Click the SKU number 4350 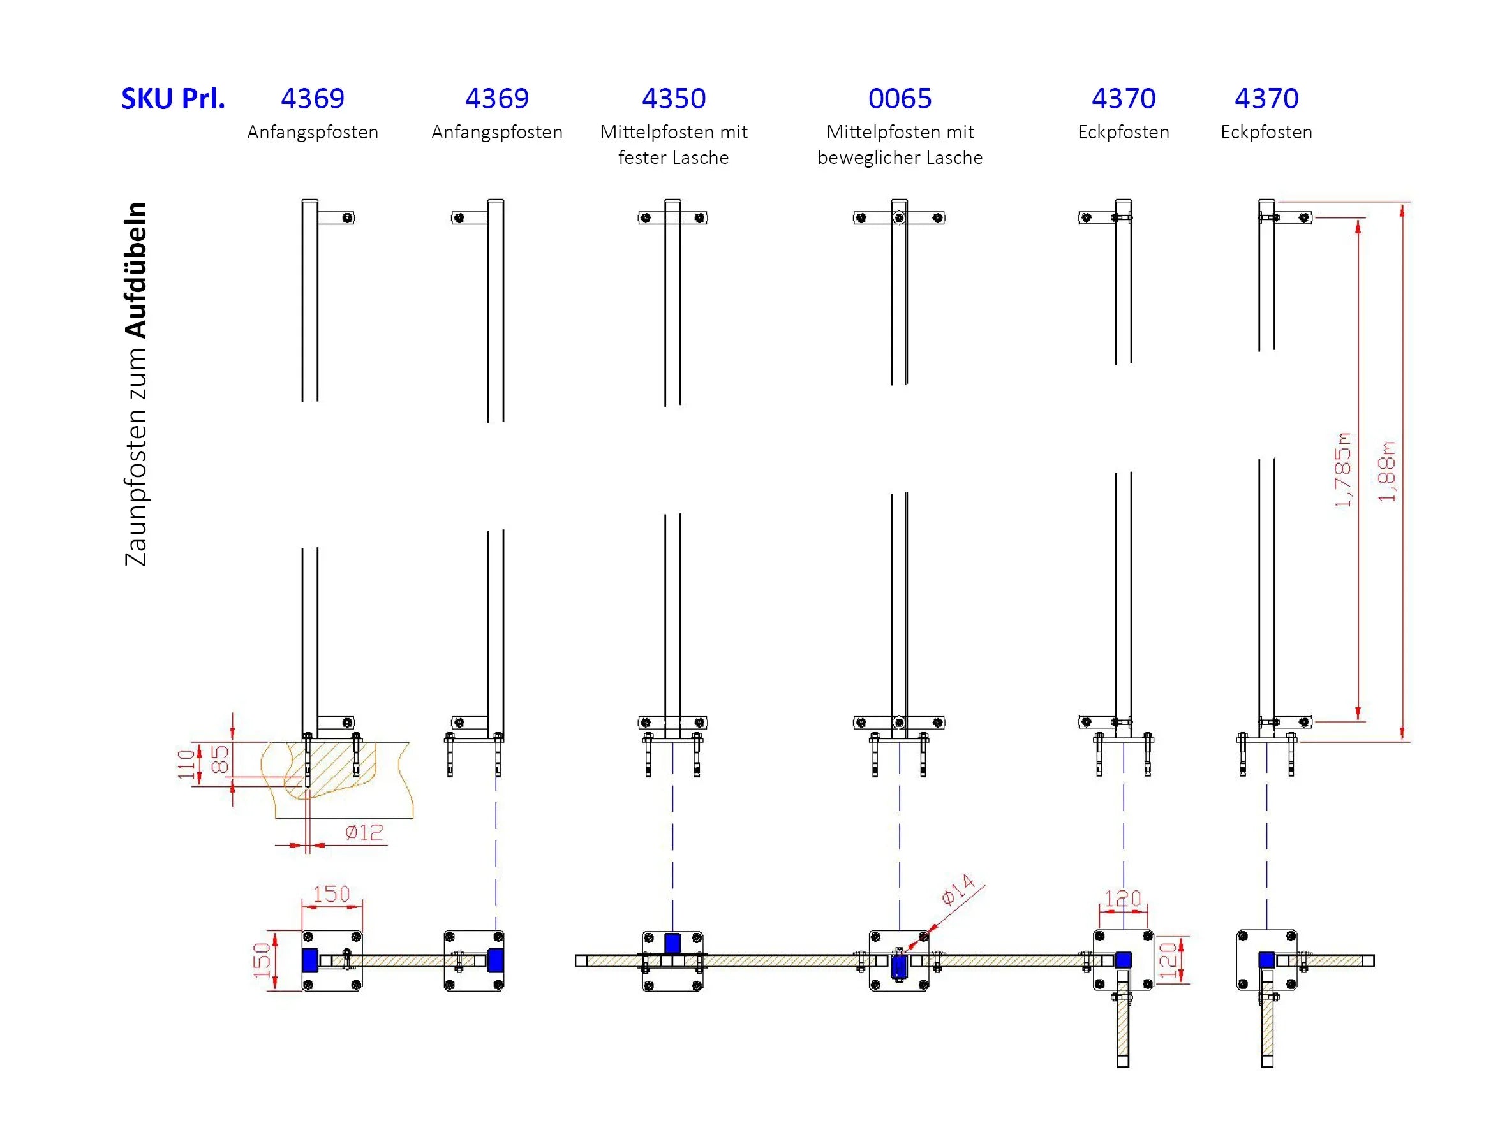[673, 99]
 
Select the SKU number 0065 [900, 99]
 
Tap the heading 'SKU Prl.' [173, 99]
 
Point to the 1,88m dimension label [1386, 471]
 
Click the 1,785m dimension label [1342, 469]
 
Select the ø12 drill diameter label [364, 832]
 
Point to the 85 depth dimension [219, 759]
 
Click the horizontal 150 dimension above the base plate [331, 893]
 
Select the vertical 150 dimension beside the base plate [262, 960]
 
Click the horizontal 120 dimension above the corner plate [1123, 899]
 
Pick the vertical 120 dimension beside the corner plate [1168, 960]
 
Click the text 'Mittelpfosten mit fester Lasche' [673, 144]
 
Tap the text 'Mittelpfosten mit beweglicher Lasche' [900, 144]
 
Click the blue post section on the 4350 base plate [672, 943]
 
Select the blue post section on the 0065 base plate [898, 966]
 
